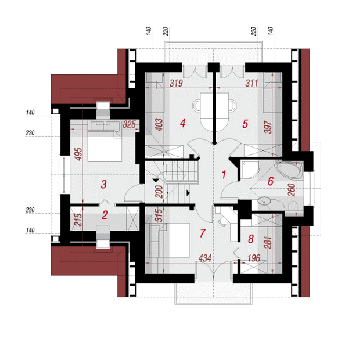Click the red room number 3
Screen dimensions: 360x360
pyautogui.click(x=104, y=184)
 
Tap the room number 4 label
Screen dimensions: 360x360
pyautogui.click(x=183, y=124)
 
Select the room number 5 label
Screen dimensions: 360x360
pyautogui.click(x=245, y=124)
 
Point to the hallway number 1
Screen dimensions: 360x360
pyautogui.click(x=224, y=174)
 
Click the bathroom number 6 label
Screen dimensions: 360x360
pyautogui.click(x=271, y=181)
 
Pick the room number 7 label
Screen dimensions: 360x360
pyautogui.click(x=202, y=233)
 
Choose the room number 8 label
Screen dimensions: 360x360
pyautogui.click(x=251, y=239)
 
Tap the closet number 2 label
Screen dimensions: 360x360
pyautogui.click(x=105, y=215)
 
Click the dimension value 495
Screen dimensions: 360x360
pyautogui.click(x=79, y=154)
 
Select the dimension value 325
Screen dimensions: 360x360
pyautogui.click(x=129, y=125)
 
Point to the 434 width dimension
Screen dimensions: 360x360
pyautogui.click(x=205, y=258)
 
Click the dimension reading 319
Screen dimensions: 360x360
pyautogui.click(x=176, y=83)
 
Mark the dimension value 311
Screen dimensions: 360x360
pyautogui.click(x=251, y=83)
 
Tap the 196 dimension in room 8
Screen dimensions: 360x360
pyautogui.click(x=254, y=258)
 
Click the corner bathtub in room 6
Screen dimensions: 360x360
pyautogui.click(x=289, y=169)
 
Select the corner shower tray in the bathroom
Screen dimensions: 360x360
pyautogui.click(x=250, y=170)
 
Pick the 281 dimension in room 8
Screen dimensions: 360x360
pyautogui.click(x=268, y=243)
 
